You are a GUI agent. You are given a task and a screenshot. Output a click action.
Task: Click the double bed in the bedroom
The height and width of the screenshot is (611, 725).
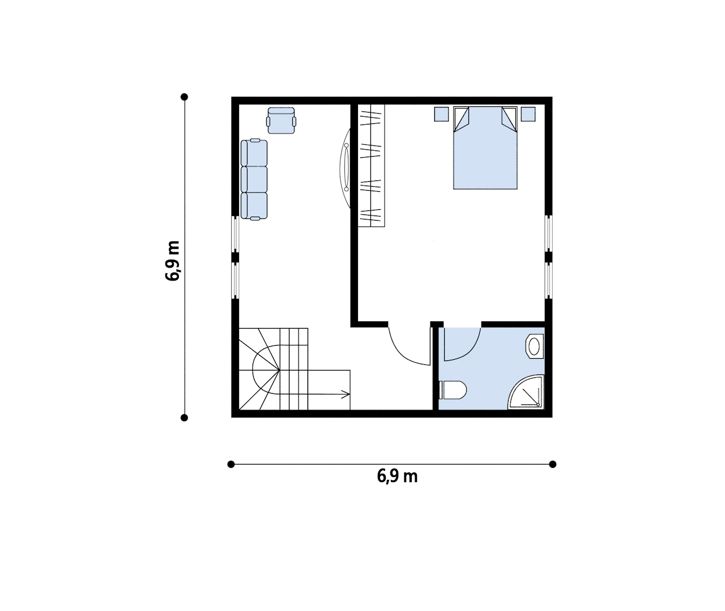pos(485,148)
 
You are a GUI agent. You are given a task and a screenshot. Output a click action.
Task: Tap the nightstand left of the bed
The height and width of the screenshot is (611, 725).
pos(441,114)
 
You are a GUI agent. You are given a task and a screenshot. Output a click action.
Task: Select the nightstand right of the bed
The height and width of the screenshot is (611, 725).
pos(528,114)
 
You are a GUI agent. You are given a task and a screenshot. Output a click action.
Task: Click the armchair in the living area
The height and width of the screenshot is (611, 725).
pos(282,121)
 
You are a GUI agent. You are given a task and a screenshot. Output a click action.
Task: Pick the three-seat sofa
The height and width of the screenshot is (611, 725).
pos(254,179)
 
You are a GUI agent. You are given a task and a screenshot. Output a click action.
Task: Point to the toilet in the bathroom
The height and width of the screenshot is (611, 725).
pos(453,390)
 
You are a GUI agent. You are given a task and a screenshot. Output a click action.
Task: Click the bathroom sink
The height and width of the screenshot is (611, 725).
pos(535,346)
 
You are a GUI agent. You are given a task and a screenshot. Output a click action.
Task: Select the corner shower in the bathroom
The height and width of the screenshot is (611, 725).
pos(526,392)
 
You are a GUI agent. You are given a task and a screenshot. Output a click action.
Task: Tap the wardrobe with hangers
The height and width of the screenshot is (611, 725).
pos(371,166)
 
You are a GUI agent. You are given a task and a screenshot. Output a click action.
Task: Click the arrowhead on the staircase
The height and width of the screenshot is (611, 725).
pos(346,394)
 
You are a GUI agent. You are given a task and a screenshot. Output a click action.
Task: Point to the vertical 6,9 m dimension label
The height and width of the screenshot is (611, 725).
pos(172,260)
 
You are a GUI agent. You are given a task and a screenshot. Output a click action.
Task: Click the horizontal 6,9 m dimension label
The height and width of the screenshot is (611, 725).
pos(397,476)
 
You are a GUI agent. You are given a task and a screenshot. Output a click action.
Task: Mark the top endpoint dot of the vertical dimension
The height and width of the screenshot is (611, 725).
pos(185,97)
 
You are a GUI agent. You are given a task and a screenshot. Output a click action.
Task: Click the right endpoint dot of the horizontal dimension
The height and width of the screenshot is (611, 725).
pos(553,464)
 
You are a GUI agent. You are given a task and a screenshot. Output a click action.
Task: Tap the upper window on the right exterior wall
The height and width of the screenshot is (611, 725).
pos(549,233)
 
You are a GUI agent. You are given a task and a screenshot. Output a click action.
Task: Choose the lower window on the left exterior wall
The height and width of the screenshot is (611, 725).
pos(236,280)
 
